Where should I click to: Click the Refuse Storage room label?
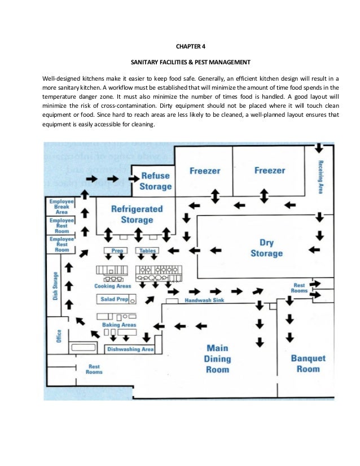(x=156, y=181)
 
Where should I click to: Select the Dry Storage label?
(x=266, y=248)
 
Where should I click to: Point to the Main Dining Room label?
(x=218, y=358)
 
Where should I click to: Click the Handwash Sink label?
(x=204, y=301)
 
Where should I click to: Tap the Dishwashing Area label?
(x=130, y=349)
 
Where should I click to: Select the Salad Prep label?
(x=115, y=298)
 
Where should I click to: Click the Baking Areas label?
(x=118, y=325)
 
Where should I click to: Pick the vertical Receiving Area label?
(x=320, y=177)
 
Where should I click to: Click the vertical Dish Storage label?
(x=55, y=287)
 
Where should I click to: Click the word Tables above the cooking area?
(x=147, y=250)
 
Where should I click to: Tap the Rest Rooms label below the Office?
(x=94, y=369)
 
